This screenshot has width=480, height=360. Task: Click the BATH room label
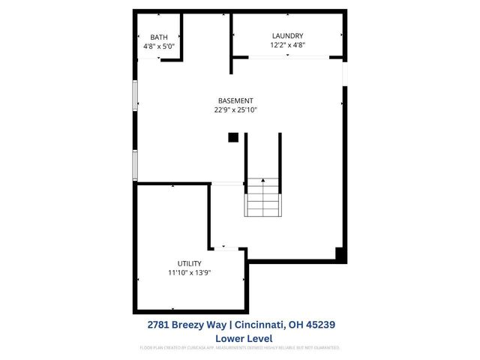point(159,37)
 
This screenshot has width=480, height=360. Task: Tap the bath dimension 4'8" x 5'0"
point(159,46)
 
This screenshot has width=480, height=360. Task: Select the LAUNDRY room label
point(287,35)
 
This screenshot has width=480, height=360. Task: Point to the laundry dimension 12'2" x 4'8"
point(287,45)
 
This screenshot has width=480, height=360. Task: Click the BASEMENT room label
point(235,100)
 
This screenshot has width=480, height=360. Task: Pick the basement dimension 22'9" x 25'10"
point(235,110)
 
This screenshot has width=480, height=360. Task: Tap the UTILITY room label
point(189,263)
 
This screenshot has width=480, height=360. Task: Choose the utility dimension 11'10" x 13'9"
point(189,273)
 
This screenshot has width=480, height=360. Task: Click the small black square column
point(233,137)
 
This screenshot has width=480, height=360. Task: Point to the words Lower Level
point(244,338)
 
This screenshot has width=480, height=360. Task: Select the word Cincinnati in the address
point(262,325)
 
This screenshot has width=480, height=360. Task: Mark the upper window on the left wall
point(135,95)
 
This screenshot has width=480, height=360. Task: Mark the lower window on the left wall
point(135,165)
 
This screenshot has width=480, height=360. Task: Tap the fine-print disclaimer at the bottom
point(240,348)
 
